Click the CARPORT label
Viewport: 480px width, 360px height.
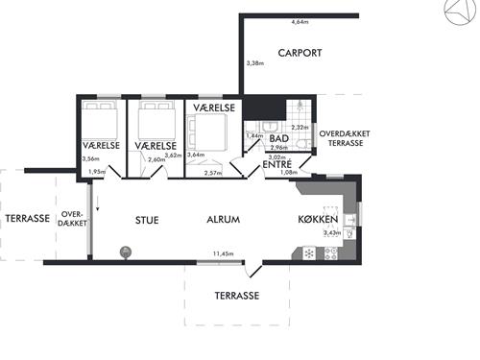point(300,53)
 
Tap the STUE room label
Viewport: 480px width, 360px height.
point(147,220)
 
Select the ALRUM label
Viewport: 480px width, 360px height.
point(224,220)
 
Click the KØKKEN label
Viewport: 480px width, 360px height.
point(318,219)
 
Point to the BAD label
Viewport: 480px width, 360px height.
point(279,138)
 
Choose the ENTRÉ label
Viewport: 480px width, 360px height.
point(277,164)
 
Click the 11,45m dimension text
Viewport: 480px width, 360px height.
point(223,254)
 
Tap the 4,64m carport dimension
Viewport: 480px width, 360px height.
point(300,22)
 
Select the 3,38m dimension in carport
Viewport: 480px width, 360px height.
point(255,63)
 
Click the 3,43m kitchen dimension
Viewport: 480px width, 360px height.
point(332,233)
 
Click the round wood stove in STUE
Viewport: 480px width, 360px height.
point(125,252)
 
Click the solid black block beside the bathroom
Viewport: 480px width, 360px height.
point(264,108)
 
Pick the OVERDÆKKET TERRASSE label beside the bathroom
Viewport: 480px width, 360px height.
point(345,138)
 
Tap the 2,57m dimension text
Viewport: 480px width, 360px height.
point(213,173)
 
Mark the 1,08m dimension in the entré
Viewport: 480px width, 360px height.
point(289,172)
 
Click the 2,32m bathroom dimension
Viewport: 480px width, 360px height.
point(300,127)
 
